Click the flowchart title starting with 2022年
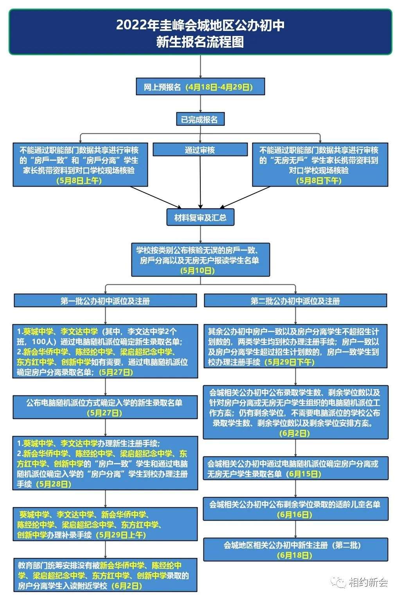200,33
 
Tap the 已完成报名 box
200,119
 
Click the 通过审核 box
200,150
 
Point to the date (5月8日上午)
79,181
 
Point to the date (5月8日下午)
319,181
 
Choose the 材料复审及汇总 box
200,217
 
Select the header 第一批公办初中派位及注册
105,301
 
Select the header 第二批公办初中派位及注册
295,301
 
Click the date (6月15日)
304,474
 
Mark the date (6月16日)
295,515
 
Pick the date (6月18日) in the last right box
295,555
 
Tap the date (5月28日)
54,484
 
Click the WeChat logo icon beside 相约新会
338,582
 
